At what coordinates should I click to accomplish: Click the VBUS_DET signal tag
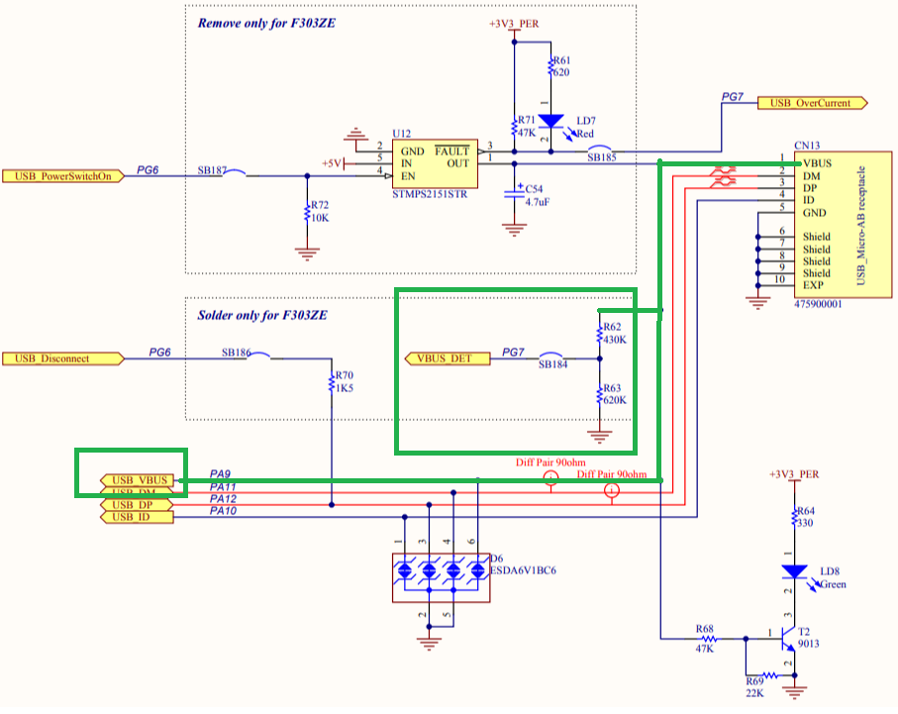click(447, 357)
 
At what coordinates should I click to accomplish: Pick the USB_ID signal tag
click(137, 517)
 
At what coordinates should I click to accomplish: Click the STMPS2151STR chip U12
click(432, 163)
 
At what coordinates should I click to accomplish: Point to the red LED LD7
click(551, 122)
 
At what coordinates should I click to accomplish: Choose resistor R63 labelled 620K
click(599, 395)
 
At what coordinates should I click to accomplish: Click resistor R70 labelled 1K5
click(331, 382)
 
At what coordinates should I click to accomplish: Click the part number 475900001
click(818, 305)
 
